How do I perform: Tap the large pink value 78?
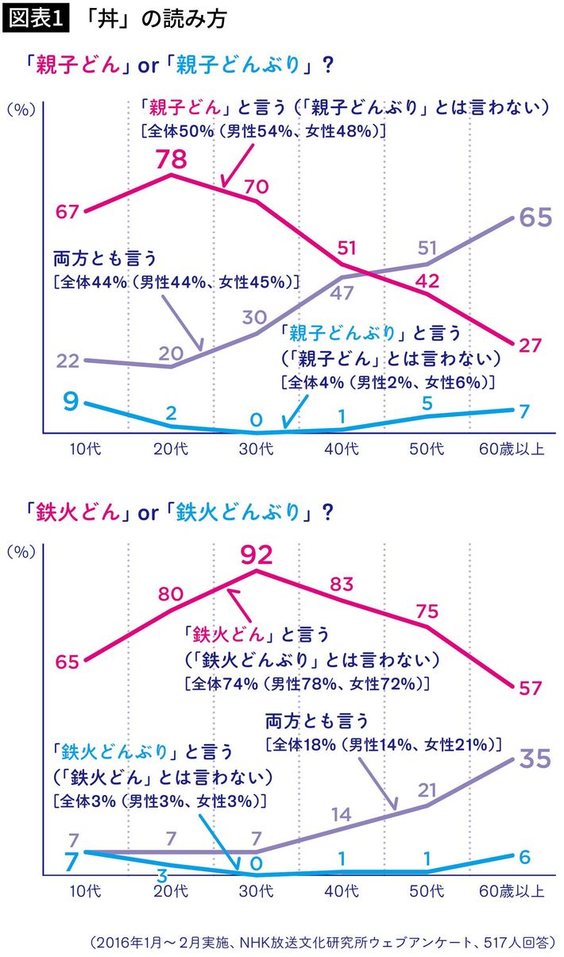coord(170,159)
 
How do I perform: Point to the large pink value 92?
coord(256,554)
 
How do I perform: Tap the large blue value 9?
coord(71,402)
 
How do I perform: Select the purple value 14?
coord(342,813)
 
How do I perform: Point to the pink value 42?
coord(429,281)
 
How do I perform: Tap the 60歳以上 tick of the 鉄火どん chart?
coord(513,891)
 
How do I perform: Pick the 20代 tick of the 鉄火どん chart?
coord(171,891)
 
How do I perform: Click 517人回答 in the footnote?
coord(518,943)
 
